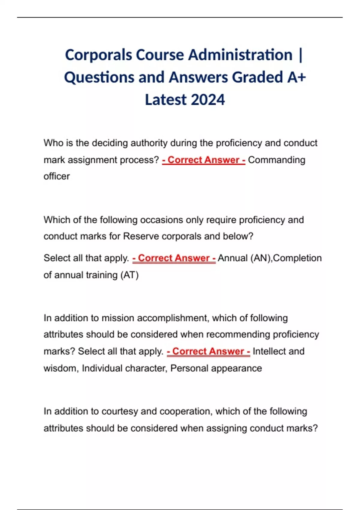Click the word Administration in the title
[240, 55]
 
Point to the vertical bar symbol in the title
[301, 55]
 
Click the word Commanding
[276, 160]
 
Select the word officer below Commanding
[57, 176]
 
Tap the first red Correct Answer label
[204, 160]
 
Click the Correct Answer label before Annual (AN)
[174, 258]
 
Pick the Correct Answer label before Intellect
[208, 351]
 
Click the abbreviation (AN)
[260, 258]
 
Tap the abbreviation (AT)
[129, 275]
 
